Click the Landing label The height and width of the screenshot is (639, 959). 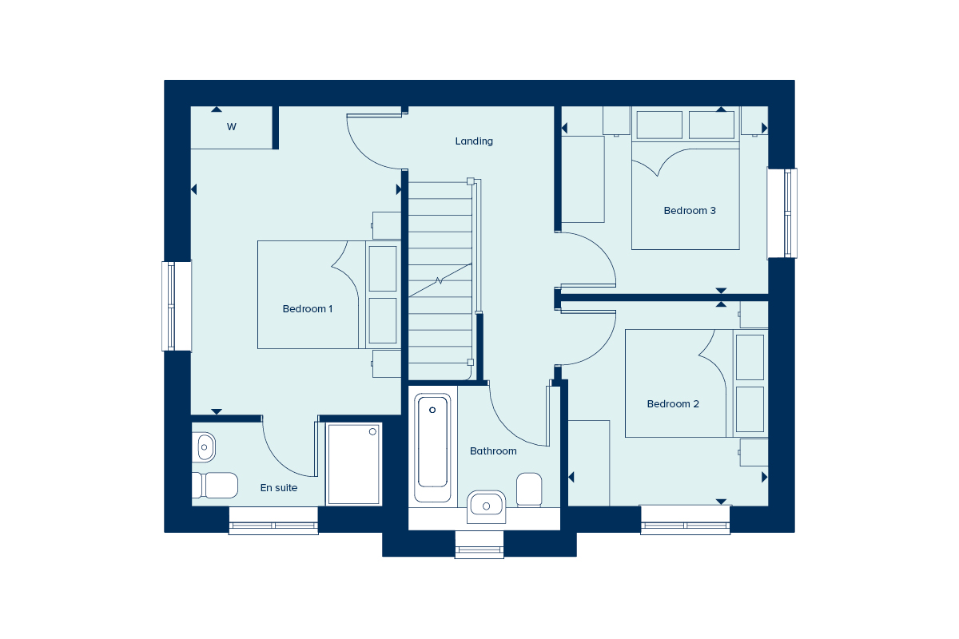pyautogui.click(x=474, y=141)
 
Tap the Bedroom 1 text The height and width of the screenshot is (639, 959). pyautogui.click(x=308, y=309)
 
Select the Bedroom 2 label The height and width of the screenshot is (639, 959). pyautogui.click(x=673, y=404)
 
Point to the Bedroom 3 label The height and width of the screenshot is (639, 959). pyautogui.click(x=690, y=211)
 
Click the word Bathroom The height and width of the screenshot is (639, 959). pyautogui.click(x=493, y=451)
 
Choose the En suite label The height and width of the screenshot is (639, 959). pyautogui.click(x=279, y=488)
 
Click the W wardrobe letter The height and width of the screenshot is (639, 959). pyautogui.click(x=232, y=127)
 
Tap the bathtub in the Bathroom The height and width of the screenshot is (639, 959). pyautogui.click(x=432, y=447)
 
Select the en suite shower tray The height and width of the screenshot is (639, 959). pyautogui.click(x=353, y=464)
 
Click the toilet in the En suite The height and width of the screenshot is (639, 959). pyautogui.click(x=215, y=486)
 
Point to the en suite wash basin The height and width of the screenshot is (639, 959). pyautogui.click(x=204, y=447)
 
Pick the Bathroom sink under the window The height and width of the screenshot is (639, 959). pyautogui.click(x=486, y=506)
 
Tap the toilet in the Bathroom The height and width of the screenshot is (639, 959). pyautogui.click(x=529, y=490)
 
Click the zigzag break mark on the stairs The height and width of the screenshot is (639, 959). pyautogui.click(x=439, y=281)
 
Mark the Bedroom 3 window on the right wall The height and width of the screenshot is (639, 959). pyautogui.click(x=782, y=213)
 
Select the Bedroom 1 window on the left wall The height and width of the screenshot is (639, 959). pyautogui.click(x=177, y=306)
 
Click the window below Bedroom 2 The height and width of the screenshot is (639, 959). pyautogui.click(x=685, y=520)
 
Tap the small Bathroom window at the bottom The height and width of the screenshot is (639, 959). pyautogui.click(x=479, y=545)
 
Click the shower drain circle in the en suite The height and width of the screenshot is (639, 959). pyautogui.click(x=372, y=432)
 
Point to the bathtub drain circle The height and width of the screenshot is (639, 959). pyautogui.click(x=432, y=410)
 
